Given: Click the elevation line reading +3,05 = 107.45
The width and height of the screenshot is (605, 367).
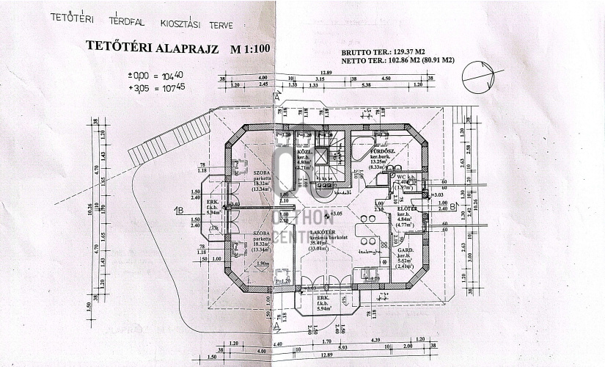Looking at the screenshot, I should click(155, 88).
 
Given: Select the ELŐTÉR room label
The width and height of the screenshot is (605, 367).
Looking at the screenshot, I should click(406, 208).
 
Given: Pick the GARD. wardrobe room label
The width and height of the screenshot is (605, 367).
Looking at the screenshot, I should click(406, 250).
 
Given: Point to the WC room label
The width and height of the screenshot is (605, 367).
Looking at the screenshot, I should click(401, 177).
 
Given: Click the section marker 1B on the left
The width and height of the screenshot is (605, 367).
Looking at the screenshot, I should click(177, 211).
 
